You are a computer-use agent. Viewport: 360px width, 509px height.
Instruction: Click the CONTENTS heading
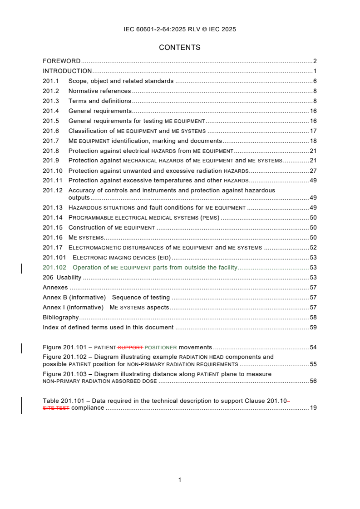[x=180, y=47]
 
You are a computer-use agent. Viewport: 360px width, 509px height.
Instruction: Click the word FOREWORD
[x=61, y=61]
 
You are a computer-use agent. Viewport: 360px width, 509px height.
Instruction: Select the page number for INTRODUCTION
[x=315, y=71]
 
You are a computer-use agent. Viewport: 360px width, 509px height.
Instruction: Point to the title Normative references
[x=99, y=91]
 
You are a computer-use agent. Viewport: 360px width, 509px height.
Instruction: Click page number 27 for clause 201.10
[x=313, y=171]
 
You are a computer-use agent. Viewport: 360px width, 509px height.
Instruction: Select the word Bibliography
[x=60, y=318]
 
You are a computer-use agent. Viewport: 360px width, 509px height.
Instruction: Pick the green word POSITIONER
[x=161, y=347]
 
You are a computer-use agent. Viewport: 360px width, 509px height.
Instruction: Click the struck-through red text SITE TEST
[x=56, y=408]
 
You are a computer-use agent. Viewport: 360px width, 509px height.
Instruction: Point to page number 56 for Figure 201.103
[x=313, y=381]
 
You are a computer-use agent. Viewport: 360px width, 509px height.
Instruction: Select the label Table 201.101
[x=61, y=401]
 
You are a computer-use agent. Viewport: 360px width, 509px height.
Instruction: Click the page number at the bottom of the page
[x=180, y=480]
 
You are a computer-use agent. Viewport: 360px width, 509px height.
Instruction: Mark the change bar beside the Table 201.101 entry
[x=22, y=405]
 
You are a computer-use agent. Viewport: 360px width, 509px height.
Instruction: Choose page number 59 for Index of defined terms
[x=313, y=328]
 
